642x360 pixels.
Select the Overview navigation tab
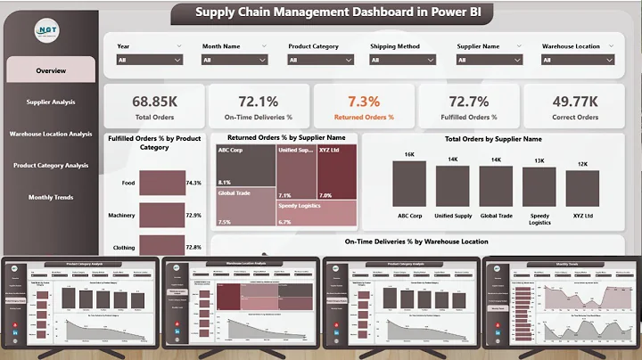click(x=51, y=70)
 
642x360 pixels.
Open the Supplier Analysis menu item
click(x=51, y=102)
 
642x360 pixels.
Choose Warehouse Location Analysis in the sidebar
click(x=51, y=134)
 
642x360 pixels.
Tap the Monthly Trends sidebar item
click(x=51, y=197)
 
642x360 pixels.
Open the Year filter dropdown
click(x=150, y=60)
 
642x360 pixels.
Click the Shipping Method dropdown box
click(x=406, y=60)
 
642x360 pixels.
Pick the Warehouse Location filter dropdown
click(x=578, y=60)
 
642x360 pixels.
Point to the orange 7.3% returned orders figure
click(x=364, y=102)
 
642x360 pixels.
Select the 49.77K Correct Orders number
click(x=574, y=102)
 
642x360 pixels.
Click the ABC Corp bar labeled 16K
click(x=409, y=184)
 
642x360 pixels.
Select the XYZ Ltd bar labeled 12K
click(x=582, y=189)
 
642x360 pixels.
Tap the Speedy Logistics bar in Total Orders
click(x=539, y=187)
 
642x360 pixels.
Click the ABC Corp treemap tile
click(x=245, y=165)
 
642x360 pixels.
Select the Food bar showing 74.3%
click(x=160, y=183)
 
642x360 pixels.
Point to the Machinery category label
click(x=121, y=216)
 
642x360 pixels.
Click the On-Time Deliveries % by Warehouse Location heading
click(x=416, y=241)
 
